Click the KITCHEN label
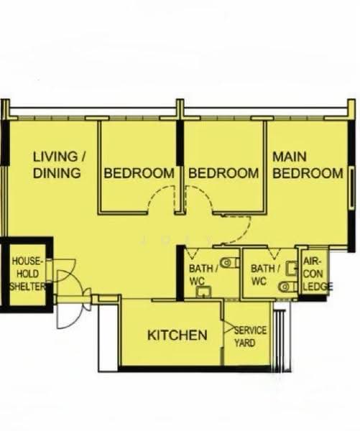[177, 335]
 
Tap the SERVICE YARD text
[250, 336]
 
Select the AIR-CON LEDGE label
[318, 274]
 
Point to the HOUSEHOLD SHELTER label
[27, 274]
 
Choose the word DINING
[57, 173]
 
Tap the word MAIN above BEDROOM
[290, 157]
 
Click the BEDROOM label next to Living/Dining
[139, 173]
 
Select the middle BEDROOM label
[223, 173]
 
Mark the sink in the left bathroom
[203, 292]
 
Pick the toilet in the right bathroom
[287, 287]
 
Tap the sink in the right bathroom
[292, 268]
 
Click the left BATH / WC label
[203, 275]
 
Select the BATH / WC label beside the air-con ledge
[265, 275]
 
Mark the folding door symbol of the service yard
[228, 327]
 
